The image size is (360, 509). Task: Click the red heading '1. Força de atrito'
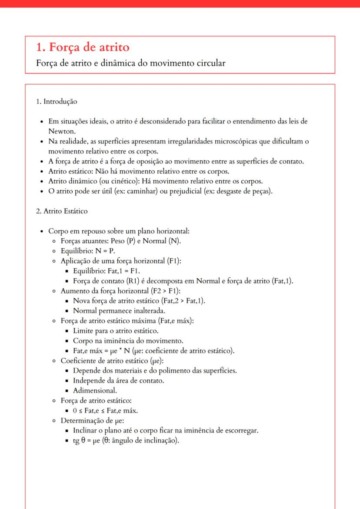[82, 47]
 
